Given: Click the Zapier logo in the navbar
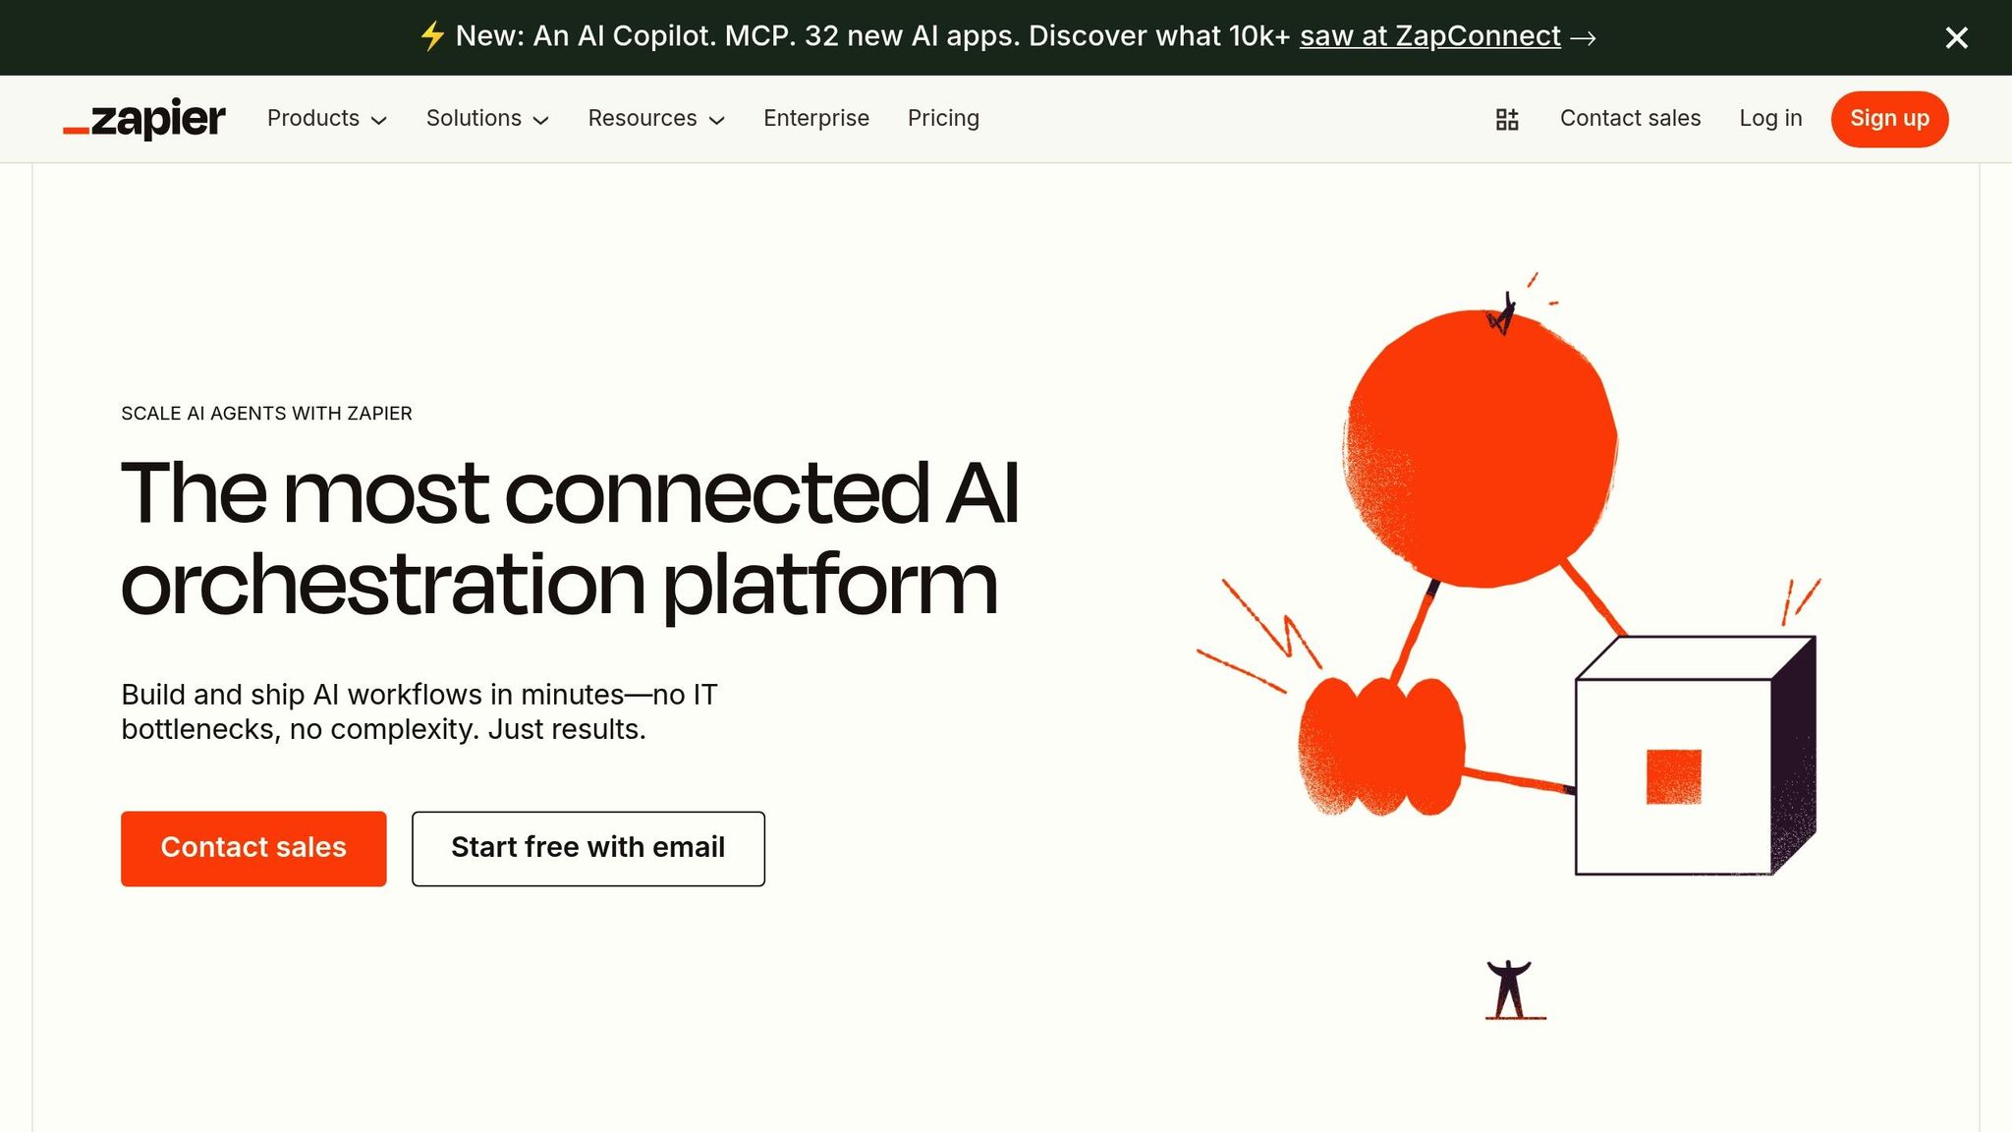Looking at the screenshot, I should click(x=144, y=119).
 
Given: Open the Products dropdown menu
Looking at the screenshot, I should click(x=326, y=119).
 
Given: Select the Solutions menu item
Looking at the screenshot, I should click(x=486, y=119).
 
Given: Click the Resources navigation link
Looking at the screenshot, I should click(x=655, y=119).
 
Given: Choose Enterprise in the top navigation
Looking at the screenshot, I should click(x=815, y=119).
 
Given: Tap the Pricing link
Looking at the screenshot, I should click(x=943, y=119).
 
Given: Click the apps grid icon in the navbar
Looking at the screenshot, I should click(x=1507, y=120).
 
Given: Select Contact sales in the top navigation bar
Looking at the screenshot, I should click(x=1630, y=119).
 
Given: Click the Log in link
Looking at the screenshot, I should click(x=1770, y=119).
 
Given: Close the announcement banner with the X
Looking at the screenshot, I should click(x=1956, y=37).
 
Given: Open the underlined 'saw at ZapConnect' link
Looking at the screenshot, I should click(x=1429, y=36).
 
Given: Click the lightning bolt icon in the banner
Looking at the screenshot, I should click(x=432, y=36).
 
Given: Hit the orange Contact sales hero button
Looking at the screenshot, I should click(x=253, y=848).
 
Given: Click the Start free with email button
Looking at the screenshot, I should click(x=587, y=848).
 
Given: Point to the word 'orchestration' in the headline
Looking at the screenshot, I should click(x=382, y=585).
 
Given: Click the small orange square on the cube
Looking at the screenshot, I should click(x=1673, y=776).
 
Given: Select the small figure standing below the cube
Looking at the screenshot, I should click(x=1510, y=989).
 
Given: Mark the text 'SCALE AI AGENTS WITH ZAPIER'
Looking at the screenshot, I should click(x=266, y=414).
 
